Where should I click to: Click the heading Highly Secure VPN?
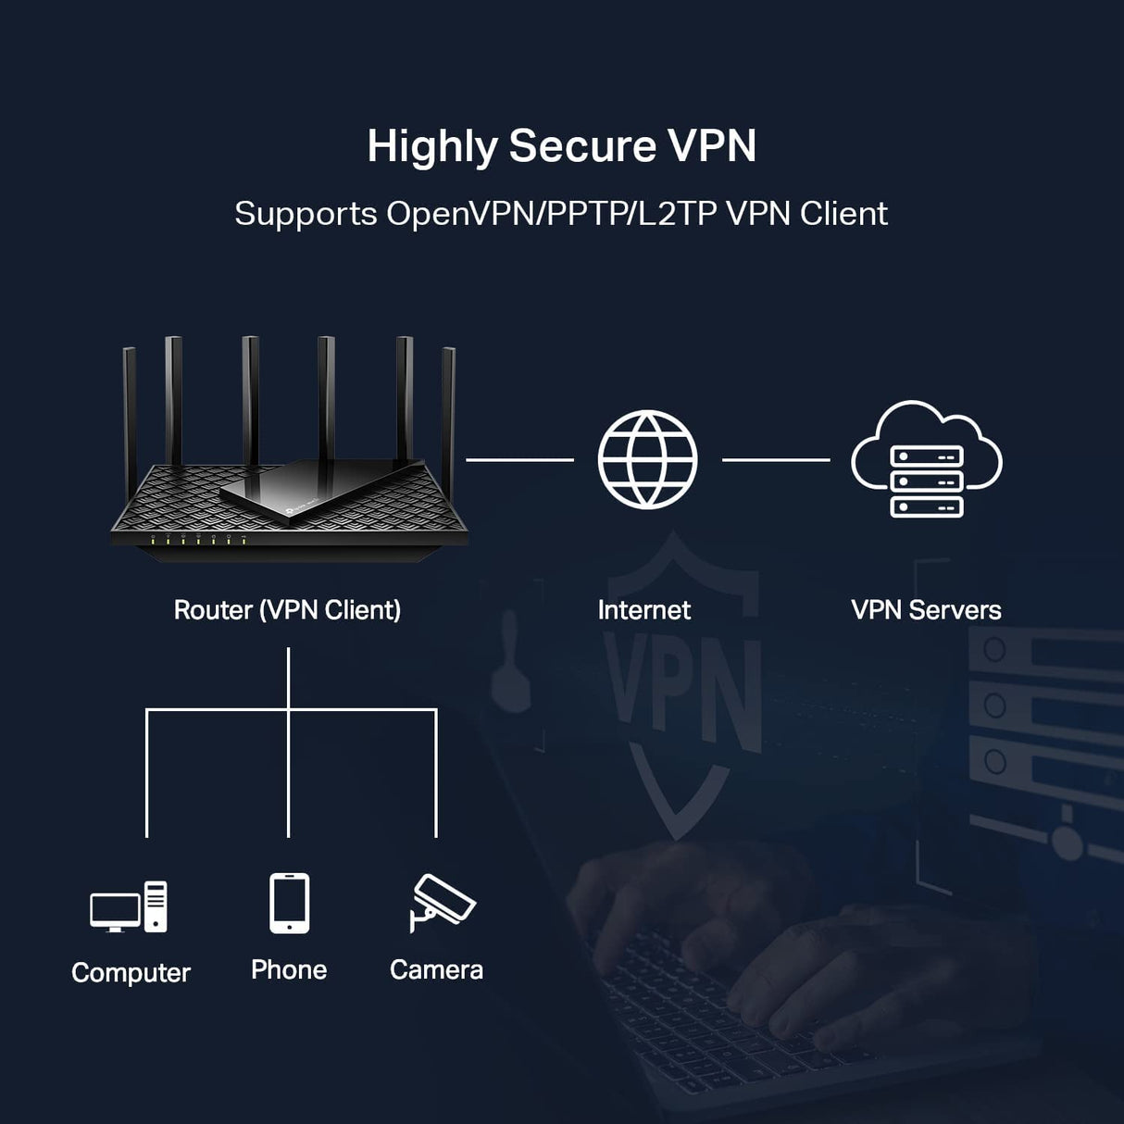coord(561,146)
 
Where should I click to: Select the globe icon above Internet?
coord(647,459)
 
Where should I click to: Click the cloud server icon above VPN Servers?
coord(926,460)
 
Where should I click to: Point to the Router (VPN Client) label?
coord(287,610)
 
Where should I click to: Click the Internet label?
coord(643,610)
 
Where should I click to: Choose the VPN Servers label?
coord(926,610)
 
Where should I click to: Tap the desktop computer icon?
coord(129,906)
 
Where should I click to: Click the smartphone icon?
coord(289,903)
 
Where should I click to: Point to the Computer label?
coord(131,973)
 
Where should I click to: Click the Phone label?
coord(289,970)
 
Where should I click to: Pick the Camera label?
coord(436,970)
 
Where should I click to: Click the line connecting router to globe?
coord(519,459)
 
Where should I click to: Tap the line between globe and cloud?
coord(776,459)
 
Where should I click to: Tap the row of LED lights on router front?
coord(198,538)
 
